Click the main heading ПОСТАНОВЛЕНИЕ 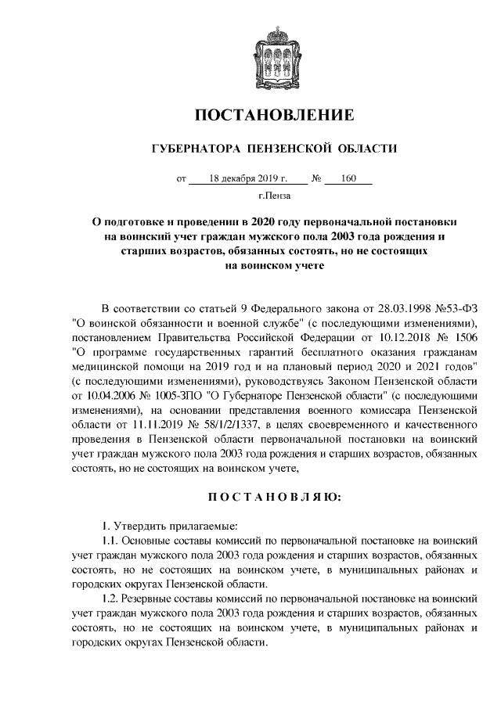[274, 115]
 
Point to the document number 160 [348, 178]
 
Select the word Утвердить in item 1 [149, 524]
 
